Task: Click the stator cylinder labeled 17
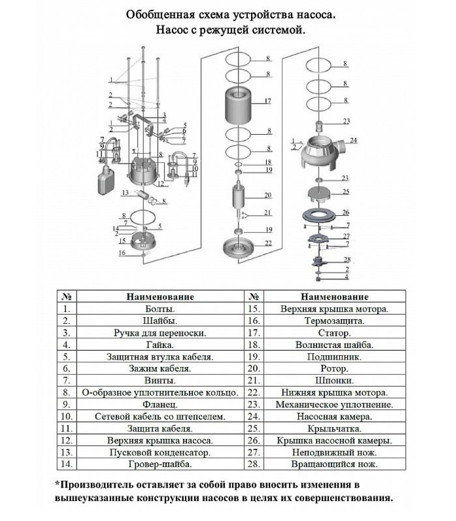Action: [x=238, y=107]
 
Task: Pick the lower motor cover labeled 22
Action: [x=239, y=249]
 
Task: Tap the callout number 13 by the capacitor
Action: [x=125, y=193]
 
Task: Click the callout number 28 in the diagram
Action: [x=347, y=260]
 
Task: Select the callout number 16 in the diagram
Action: [x=122, y=253]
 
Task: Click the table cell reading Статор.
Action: [x=334, y=333]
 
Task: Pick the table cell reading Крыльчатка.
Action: [x=334, y=429]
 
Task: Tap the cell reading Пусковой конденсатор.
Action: [x=160, y=453]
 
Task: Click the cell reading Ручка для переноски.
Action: [x=160, y=333]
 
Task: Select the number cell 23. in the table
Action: [x=254, y=405]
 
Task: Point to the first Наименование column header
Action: [x=160, y=297]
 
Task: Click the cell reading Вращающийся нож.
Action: [x=334, y=464]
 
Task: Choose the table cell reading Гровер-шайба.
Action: [x=160, y=464]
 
